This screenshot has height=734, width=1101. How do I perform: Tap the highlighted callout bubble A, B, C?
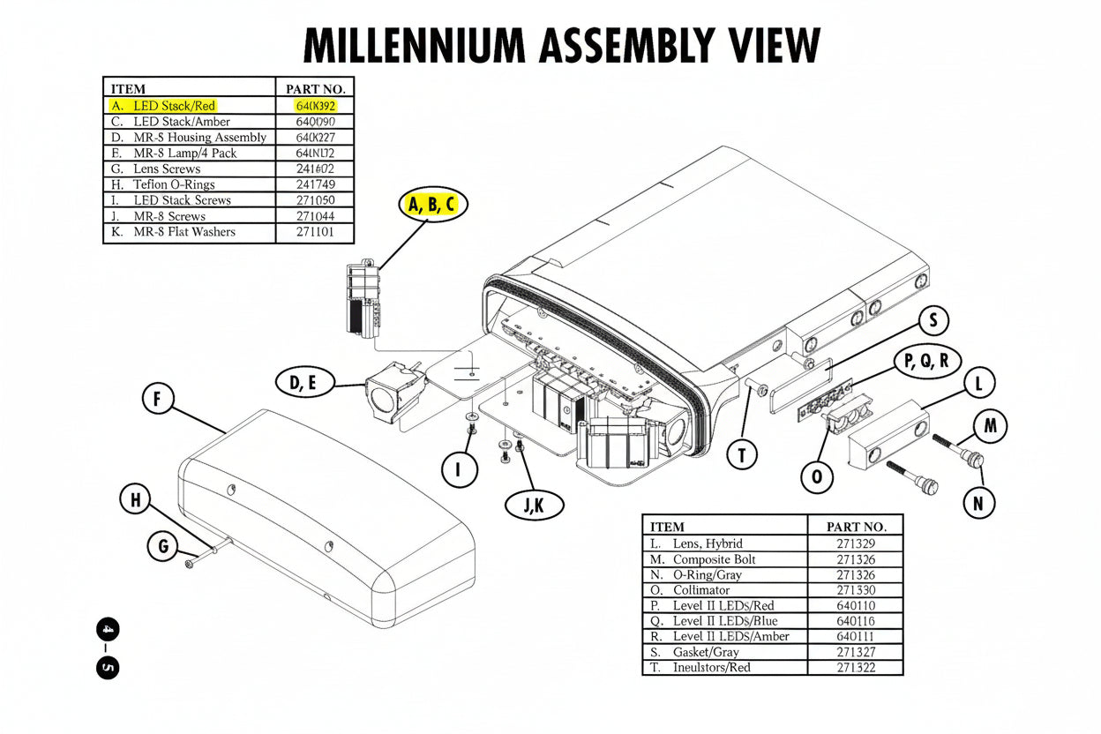[432, 205]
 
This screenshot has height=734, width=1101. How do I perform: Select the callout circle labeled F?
[157, 399]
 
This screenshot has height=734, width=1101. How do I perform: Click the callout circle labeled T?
[742, 455]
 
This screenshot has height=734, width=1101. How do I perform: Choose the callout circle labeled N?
[978, 503]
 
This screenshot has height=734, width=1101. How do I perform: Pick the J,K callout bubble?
[534, 505]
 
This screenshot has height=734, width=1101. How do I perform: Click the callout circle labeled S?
[933, 320]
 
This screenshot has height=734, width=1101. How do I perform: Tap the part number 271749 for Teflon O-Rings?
[316, 184]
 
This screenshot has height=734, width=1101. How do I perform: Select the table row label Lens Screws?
[167, 169]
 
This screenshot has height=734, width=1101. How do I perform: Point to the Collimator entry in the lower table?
[701, 590]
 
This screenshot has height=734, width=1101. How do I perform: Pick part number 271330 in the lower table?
[856, 590]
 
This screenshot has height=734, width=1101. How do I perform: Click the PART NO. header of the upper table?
[315, 89]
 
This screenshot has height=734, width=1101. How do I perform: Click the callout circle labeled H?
[135, 500]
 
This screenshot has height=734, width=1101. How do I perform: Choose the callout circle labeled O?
[817, 477]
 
